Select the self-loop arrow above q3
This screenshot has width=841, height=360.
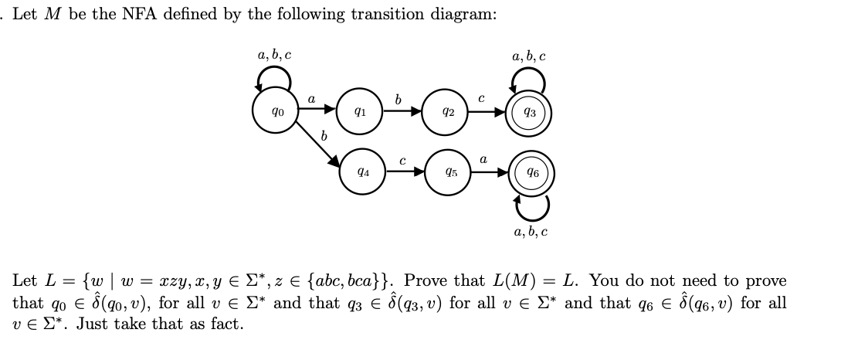click(x=529, y=78)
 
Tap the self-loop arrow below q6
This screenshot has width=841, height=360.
click(x=532, y=205)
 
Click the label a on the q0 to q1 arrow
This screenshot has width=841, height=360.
click(x=311, y=99)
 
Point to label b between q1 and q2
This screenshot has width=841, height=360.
click(x=398, y=99)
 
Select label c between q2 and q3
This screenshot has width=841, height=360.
click(x=481, y=99)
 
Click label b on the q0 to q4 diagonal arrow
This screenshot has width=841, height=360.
click(x=324, y=136)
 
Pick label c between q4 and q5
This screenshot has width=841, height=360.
click(x=402, y=161)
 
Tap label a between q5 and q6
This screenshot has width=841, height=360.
click(x=483, y=159)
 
